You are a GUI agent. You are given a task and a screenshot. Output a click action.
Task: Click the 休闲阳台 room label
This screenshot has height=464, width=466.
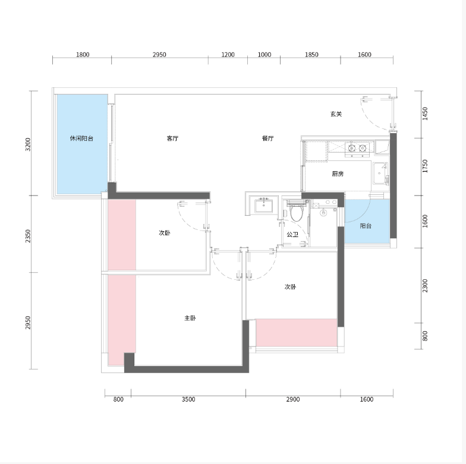click(81, 138)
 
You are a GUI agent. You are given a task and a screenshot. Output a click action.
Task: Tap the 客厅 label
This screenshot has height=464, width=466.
click(172, 138)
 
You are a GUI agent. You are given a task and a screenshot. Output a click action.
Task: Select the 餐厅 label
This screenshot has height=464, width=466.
click(267, 138)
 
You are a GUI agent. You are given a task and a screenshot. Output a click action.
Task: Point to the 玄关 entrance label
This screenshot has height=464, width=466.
click(336, 114)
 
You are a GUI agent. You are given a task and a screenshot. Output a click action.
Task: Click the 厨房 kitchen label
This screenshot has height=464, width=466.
click(338, 173)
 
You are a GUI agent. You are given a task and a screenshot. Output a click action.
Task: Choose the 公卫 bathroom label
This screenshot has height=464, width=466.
click(292, 235)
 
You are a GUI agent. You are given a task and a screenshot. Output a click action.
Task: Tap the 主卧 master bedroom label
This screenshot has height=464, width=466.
click(190, 318)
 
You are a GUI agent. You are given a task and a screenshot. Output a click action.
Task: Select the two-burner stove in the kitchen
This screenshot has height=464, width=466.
click(357, 149)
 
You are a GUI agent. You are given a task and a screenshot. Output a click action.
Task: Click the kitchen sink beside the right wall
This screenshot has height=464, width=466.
click(380, 173)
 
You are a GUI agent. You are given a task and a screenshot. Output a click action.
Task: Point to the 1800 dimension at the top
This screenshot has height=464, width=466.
click(83, 55)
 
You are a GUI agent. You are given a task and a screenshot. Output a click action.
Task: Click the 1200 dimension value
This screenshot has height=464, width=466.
click(228, 55)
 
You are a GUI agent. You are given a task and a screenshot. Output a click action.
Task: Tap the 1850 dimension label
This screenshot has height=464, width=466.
click(311, 55)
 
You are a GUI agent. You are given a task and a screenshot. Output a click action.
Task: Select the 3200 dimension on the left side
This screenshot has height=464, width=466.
click(28, 144)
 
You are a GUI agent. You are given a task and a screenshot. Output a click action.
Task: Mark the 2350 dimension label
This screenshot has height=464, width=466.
click(28, 236)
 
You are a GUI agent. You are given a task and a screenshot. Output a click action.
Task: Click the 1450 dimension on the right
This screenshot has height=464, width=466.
click(425, 114)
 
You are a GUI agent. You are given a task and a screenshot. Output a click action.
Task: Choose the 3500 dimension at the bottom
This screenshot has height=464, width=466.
click(188, 399)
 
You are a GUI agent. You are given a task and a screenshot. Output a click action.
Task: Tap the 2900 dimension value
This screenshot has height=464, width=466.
click(292, 399)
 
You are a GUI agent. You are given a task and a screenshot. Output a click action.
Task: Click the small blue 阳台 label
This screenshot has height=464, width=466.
click(366, 226)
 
